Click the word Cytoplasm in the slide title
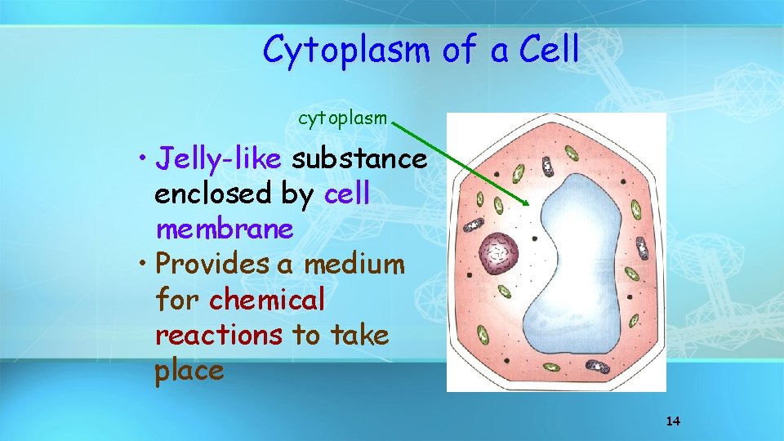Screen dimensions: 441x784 (346, 51)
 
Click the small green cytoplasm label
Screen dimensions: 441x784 (342, 118)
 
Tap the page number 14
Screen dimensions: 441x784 (673, 421)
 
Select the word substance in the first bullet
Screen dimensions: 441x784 (359, 158)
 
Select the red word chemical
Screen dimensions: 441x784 (267, 300)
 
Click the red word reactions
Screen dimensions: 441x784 (219, 335)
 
